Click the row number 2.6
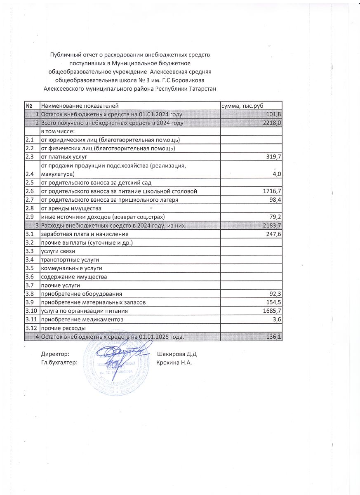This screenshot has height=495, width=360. point(29,191)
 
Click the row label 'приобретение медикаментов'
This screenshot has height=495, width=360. point(81,320)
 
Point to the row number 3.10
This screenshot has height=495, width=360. point(31,311)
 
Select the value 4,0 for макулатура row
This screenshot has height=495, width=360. point(277,174)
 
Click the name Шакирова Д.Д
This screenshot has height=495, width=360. point(176,354)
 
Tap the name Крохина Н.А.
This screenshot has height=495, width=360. point(174,363)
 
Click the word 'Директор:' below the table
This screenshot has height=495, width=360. point(55,354)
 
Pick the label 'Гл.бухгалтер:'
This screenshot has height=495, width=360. point(59,363)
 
